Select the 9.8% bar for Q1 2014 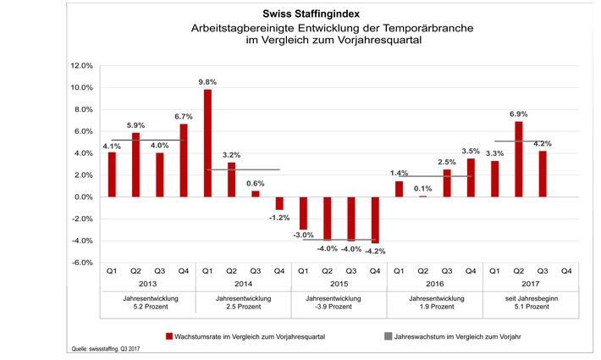point(207,143)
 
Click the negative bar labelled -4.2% point(375,219)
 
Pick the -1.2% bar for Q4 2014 point(279,203)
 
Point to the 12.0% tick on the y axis point(81,66)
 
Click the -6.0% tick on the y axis point(81,263)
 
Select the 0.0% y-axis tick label point(83,197)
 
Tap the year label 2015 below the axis point(339,285)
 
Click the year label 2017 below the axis point(532,285)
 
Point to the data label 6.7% point(184,116)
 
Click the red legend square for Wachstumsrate point(168,336)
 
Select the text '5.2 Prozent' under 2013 point(147,307)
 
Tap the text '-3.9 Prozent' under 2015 point(339,307)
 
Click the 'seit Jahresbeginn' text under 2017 point(532,298)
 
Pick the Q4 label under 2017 point(567,271)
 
